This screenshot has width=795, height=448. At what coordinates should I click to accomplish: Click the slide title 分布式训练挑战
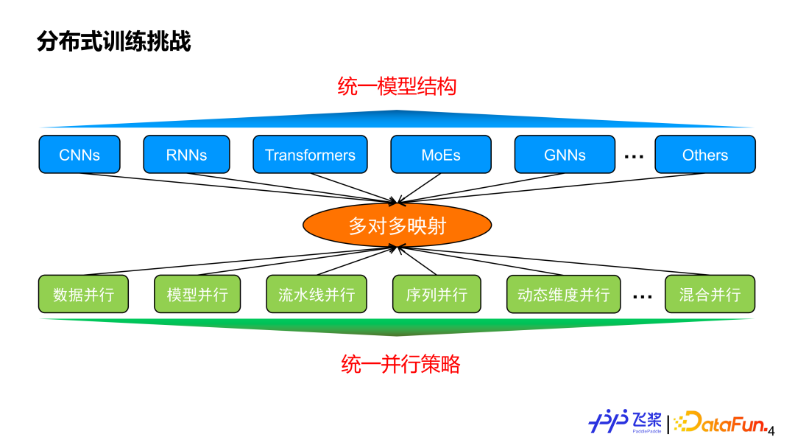pos(114,42)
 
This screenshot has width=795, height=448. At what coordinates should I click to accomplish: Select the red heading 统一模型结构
pos(397,86)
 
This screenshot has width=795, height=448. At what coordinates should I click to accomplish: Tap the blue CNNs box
pos(79,155)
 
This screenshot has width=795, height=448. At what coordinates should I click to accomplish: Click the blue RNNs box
pos(186,155)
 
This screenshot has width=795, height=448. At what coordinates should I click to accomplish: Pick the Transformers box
pos(310,155)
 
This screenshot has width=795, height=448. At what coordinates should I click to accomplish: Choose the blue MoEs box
pos(441,155)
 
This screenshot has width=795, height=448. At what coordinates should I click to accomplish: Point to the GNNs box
pos(565,155)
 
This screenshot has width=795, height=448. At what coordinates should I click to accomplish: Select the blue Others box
pos(704,155)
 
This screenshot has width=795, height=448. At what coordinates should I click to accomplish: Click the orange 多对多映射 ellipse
pos(397,225)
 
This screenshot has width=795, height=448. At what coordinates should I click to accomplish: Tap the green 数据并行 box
pos(84,295)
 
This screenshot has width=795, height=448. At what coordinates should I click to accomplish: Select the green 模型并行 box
pos(197,295)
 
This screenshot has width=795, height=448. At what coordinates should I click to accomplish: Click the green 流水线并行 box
pos(317,295)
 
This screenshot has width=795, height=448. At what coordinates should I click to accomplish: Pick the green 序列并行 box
pos(437,295)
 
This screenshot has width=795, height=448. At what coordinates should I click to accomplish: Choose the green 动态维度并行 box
pos(563,295)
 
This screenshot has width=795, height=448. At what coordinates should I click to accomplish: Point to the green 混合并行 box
pos(710,295)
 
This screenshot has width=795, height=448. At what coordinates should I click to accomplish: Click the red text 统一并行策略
pos(400,364)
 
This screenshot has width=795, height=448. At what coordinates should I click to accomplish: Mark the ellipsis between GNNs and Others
pos(634,156)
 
